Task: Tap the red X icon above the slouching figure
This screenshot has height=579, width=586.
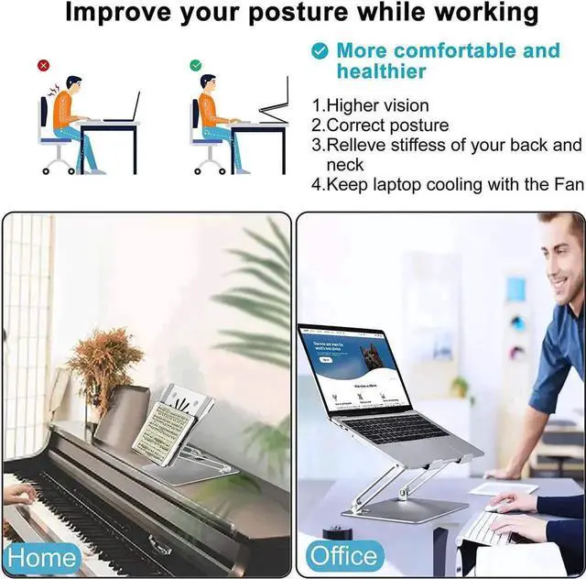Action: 43,66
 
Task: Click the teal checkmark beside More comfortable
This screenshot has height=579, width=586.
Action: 320,51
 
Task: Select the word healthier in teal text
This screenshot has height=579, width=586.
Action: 381,72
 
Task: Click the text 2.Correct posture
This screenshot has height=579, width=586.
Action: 380,126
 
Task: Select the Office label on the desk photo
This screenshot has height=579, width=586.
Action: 342,555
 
